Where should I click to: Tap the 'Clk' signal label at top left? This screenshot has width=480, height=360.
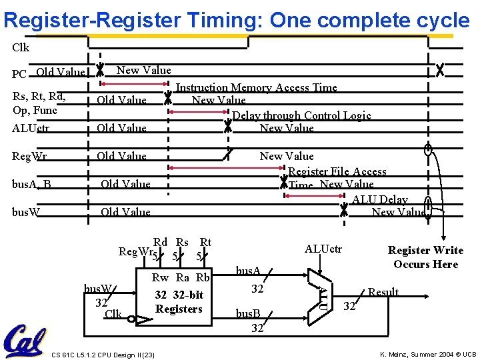coord(21,48)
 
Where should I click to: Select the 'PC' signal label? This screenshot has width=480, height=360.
coord(20,73)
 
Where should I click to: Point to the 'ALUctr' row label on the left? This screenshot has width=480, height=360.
coord(31,128)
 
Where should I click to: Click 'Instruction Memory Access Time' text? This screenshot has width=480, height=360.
coord(257,87)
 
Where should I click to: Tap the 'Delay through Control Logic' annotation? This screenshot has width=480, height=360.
coord(301,115)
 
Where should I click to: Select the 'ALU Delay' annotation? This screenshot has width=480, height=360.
coord(380,199)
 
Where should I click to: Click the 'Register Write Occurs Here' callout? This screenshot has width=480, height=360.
coord(425,257)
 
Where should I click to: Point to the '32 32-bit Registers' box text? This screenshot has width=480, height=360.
coord(179,302)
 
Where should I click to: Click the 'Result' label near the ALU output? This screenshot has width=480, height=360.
coord(383,292)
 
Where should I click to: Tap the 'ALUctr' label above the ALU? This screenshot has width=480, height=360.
coord(323,249)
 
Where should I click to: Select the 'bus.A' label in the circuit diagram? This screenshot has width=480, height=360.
coord(249,271)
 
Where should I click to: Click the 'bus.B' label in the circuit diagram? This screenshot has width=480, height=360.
coord(249,313)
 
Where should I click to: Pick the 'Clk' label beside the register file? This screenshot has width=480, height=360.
coord(113,313)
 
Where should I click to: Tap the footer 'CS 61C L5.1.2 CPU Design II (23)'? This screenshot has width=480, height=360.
coord(103,354)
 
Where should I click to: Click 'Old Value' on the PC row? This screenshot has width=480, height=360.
coord(61,72)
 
